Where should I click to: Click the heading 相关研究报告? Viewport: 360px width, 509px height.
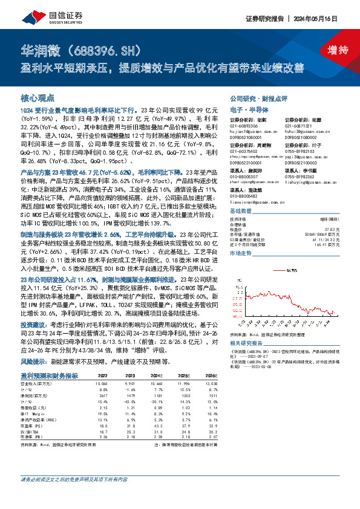[247, 342]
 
